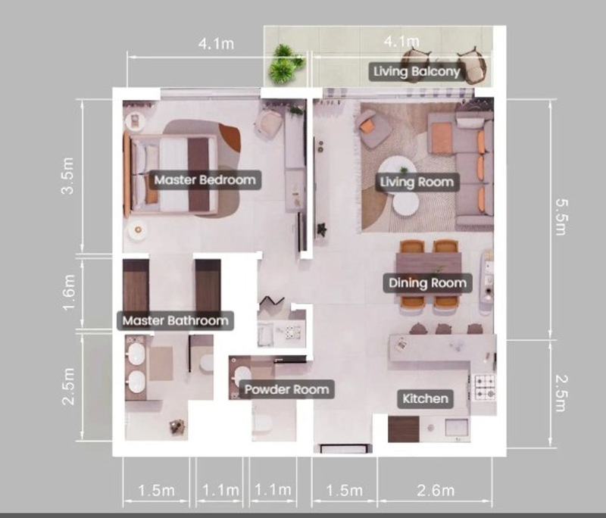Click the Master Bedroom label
[x=205, y=180]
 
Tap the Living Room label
[x=417, y=182]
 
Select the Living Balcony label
[x=417, y=71]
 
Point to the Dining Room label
[x=427, y=283]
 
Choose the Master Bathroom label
[x=176, y=320]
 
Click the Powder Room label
[x=287, y=389]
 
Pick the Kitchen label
[x=426, y=398]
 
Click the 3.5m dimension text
[x=68, y=175]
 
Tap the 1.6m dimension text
[x=68, y=293]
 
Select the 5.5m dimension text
[x=561, y=217]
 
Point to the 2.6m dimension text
[x=436, y=491]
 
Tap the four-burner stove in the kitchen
[x=484, y=387]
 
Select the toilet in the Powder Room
[x=263, y=423]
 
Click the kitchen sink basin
[x=457, y=428]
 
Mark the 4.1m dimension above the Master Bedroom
[x=217, y=43]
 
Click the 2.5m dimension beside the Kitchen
[x=561, y=393]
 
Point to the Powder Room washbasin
[x=242, y=376]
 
